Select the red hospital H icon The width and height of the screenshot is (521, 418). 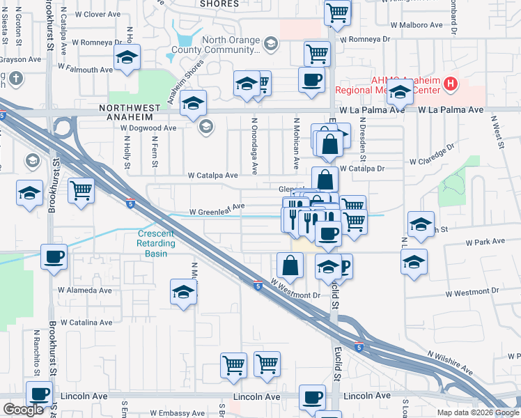[451, 85]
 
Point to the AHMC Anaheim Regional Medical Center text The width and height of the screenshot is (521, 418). [387, 85]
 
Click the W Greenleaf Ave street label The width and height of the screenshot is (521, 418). [217, 206]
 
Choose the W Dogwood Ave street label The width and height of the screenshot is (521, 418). [148, 128]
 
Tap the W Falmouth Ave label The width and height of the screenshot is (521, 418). [86, 70]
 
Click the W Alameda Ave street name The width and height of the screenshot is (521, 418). [84, 290]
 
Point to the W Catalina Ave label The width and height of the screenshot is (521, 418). [86, 323]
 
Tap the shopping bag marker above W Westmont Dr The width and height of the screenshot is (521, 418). [290, 265]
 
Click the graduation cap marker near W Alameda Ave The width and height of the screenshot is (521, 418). [183, 291]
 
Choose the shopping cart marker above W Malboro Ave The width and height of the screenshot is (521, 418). [337, 11]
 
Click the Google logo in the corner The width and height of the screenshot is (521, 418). [23, 410]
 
